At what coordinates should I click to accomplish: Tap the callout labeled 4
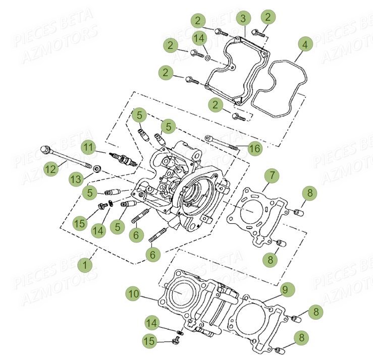pos(304,44)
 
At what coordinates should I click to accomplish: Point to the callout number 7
pos(272,175)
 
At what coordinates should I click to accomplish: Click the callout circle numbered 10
pos(133,293)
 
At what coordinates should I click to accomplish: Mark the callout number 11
pos(89,147)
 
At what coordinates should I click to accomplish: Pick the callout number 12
pos(50,169)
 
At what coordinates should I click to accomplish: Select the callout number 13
pos(75,179)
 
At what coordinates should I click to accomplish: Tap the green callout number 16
pos(255,148)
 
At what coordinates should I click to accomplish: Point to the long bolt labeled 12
pos(66,158)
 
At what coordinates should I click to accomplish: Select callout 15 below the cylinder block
pos(149,341)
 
